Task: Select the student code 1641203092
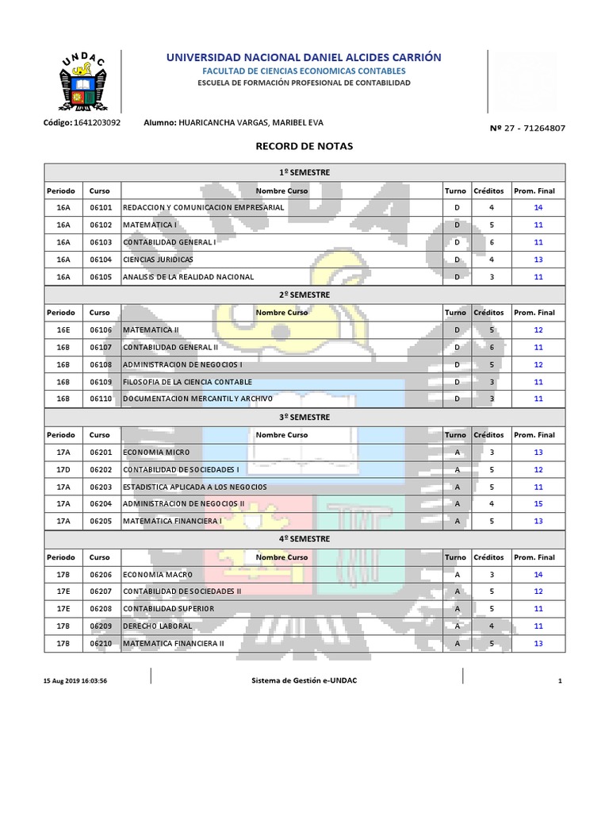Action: pos(98,123)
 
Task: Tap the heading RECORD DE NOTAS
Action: pos(304,147)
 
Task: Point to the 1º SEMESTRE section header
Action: pos(304,172)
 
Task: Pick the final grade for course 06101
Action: pos(538,207)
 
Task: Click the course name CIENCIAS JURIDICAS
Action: pos(158,260)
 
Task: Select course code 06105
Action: pos(101,277)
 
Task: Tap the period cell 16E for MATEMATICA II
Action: pos(63,329)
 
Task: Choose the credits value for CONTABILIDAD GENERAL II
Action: pos(492,347)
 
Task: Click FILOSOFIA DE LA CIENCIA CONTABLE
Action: pos(187,382)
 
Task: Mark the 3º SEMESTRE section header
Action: pos(304,417)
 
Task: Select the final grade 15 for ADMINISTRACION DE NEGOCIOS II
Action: pos(538,503)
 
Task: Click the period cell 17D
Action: pos(63,469)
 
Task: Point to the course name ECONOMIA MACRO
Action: pos(158,574)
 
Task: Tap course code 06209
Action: pos(101,626)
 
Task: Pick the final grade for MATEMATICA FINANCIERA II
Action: pos(538,643)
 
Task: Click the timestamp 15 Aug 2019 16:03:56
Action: pos(75,681)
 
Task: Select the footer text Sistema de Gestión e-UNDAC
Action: pos(304,680)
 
